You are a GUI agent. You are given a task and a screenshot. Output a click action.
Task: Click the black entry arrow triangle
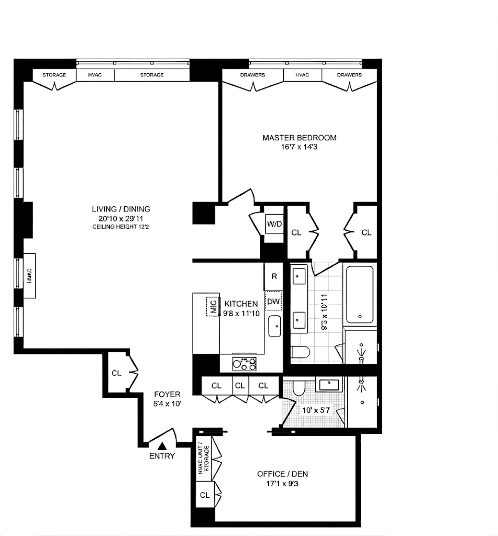point(162,446)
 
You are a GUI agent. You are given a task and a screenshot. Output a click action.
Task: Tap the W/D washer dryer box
point(274,224)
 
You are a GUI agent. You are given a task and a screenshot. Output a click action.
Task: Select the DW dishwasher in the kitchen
point(273,301)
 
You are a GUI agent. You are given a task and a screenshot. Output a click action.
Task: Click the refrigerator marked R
point(274,276)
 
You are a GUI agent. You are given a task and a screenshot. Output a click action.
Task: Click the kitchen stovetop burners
point(244,364)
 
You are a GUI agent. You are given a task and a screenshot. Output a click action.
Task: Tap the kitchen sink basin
point(274,326)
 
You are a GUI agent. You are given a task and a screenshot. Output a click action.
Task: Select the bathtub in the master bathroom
point(359,294)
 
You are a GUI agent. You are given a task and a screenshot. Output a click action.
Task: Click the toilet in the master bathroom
point(301,351)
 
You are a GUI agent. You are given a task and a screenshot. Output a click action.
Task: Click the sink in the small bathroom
point(329,385)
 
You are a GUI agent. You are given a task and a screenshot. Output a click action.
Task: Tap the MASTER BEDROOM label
point(300,138)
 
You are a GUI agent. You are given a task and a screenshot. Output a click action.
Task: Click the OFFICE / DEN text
point(283,474)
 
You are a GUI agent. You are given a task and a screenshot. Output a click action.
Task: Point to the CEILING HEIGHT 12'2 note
point(121,227)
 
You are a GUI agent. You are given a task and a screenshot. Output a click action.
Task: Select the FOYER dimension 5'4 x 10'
point(167,404)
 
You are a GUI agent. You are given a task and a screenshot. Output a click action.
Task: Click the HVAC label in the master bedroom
point(302,75)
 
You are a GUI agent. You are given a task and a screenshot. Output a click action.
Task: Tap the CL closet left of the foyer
point(117,373)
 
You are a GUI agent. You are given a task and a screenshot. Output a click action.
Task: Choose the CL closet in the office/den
point(205,495)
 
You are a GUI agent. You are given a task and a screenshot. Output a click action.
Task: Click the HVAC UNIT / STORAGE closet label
point(204,460)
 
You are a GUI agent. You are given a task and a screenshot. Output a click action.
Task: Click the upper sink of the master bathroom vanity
point(300,276)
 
